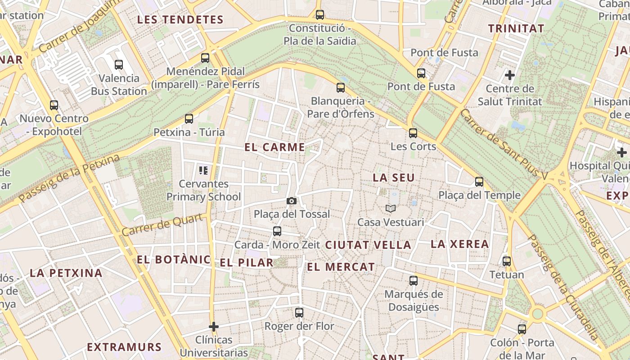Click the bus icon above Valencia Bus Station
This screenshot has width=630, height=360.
coord(119,65)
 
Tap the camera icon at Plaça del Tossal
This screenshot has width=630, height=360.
coord(292,201)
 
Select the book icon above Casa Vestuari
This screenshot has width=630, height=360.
coord(391,209)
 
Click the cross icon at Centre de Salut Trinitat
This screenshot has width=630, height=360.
coord(510,75)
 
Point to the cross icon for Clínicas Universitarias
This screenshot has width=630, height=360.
coord(214,326)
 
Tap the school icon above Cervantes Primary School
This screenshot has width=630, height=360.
coord(203,171)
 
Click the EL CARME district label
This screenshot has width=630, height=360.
coord(274,147)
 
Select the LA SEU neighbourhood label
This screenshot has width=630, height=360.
coord(393,178)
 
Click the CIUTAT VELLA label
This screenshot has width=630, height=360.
coord(368,245)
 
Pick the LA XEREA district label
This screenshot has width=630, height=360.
coord(459,244)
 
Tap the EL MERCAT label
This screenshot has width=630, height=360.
coord(341,267)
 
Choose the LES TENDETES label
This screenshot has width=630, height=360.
coord(180,20)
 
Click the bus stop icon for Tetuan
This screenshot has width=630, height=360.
coord(507,261)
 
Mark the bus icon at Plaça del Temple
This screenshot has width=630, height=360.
coord(479,182)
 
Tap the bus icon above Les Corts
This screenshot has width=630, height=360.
coord(413,133)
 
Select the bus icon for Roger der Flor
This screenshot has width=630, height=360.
coord(299,313)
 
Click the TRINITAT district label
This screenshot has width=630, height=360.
coord(516,28)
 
